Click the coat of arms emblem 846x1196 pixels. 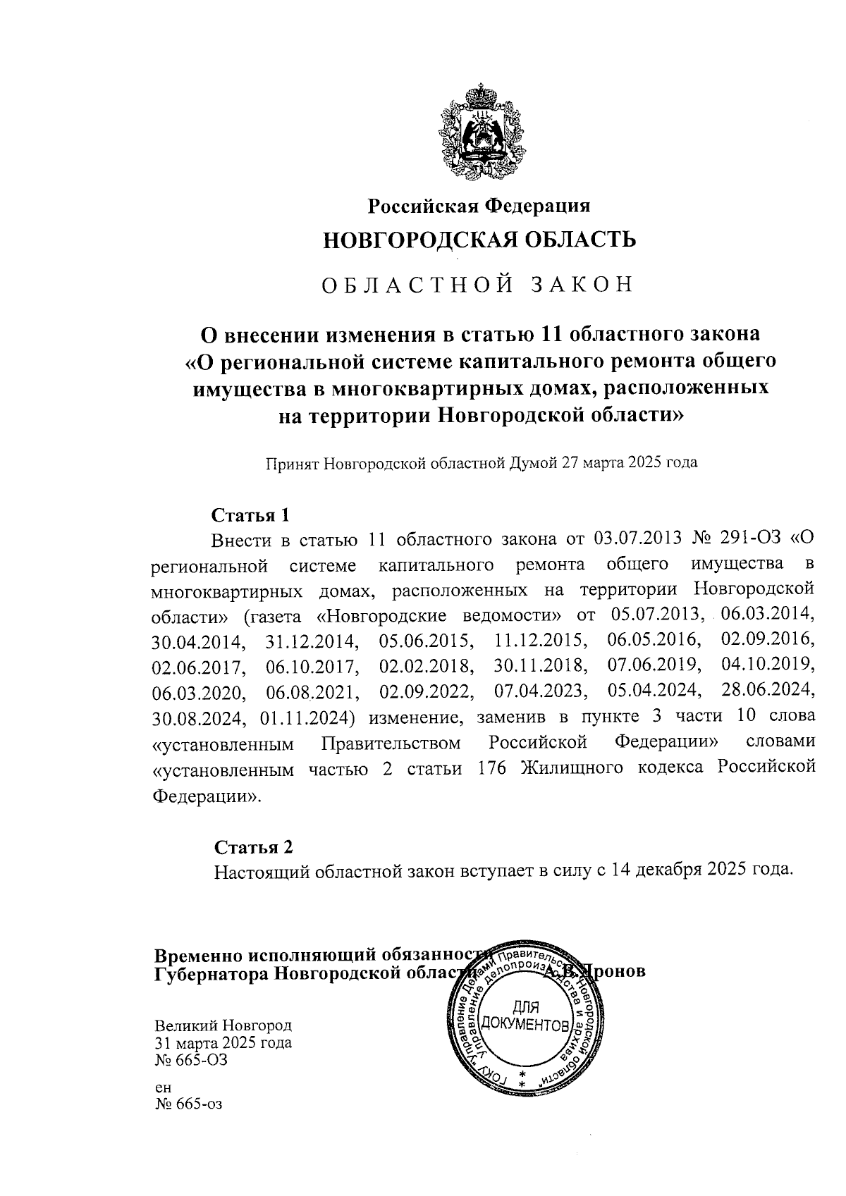[x=479, y=132]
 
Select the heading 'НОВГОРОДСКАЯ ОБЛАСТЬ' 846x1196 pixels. [x=479, y=240]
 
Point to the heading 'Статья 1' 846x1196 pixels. [x=251, y=514]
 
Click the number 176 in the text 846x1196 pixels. [x=491, y=768]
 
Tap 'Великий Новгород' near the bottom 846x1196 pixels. [x=223, y=1025]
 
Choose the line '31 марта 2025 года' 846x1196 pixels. [x=223, y=1042]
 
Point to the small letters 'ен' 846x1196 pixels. [x=163, y=1089]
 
